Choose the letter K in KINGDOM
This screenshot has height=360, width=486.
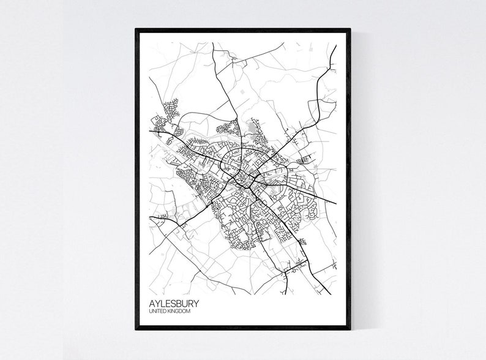[171, 313]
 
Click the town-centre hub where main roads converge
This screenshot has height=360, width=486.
[245, 178]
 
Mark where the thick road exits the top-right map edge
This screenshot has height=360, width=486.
[335, 46]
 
